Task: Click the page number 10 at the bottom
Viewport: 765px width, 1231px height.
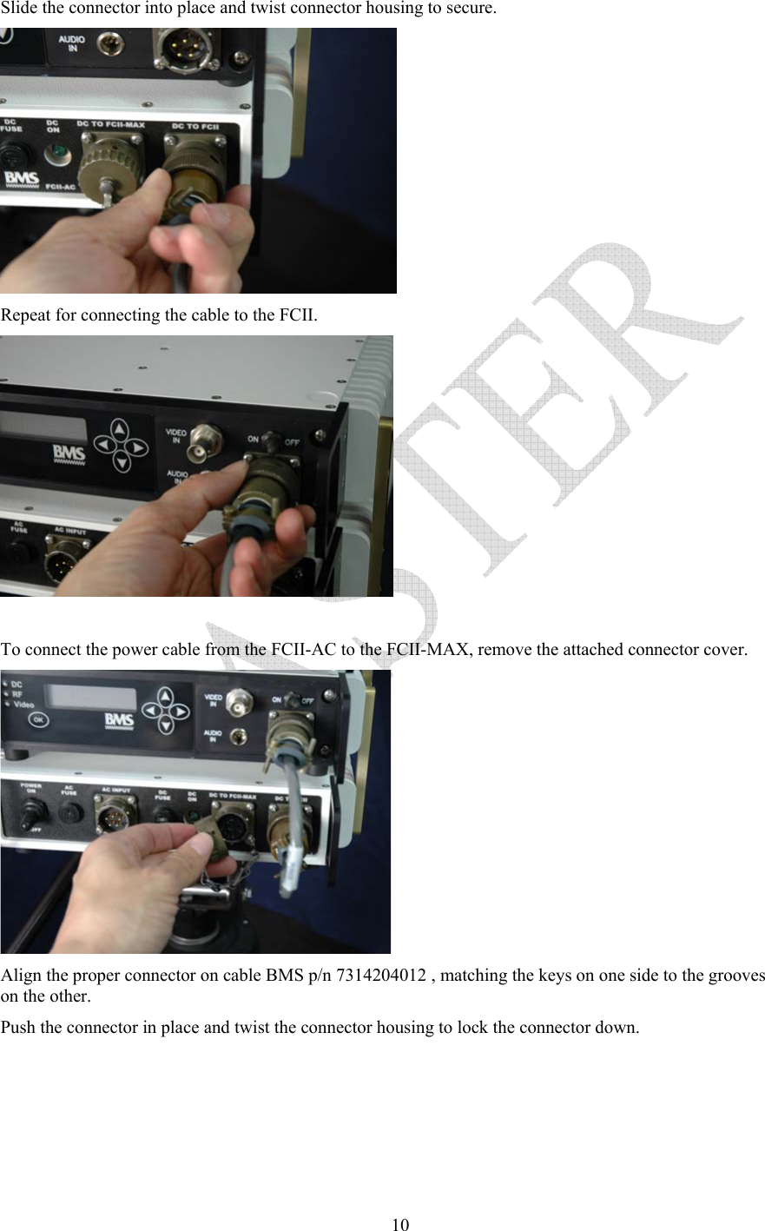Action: (399, 1225)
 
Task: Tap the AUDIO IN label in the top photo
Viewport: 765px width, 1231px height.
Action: (72, 43)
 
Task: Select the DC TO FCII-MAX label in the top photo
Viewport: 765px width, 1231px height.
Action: (110, 125)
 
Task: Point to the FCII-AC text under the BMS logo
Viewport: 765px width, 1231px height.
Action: (61, 187)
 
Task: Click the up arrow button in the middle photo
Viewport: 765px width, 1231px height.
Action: (120, 428)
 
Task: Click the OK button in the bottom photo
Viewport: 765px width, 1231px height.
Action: (38, 719)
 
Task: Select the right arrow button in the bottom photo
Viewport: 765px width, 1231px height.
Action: (181, 711)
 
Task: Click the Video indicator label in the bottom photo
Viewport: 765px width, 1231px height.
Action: (23, 705)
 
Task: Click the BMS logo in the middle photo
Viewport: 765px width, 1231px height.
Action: (69, 453)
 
